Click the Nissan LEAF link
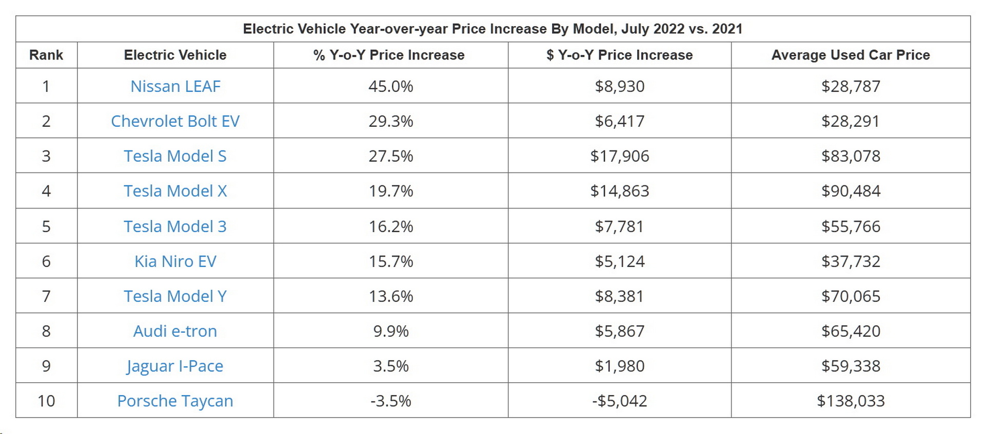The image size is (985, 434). point(175,86)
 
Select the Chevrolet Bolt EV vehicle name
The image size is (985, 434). point(175,121)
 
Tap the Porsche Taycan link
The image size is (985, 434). point(175,401)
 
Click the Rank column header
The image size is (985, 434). point(46,55)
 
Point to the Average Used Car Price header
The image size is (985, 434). point(850,55)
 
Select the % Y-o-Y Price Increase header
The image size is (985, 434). point(389,55)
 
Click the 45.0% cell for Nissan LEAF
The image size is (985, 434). point(390,86)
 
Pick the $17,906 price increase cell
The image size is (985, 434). point(619,156)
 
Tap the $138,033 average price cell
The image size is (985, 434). point(850,401)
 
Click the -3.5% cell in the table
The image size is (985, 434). point(390,401)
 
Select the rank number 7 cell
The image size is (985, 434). point(46,296)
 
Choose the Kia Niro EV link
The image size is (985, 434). point(175,261)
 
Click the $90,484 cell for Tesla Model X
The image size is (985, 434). point(850,191)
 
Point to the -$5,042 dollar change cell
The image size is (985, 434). point(619,401)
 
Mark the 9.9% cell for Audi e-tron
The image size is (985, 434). point(390,331)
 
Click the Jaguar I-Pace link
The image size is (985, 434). point(175,366)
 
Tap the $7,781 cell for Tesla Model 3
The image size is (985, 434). point(619,226)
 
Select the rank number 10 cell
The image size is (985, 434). point(46,401)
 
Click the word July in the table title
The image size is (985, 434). point(633,29)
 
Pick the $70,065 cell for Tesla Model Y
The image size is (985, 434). point(850,296)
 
